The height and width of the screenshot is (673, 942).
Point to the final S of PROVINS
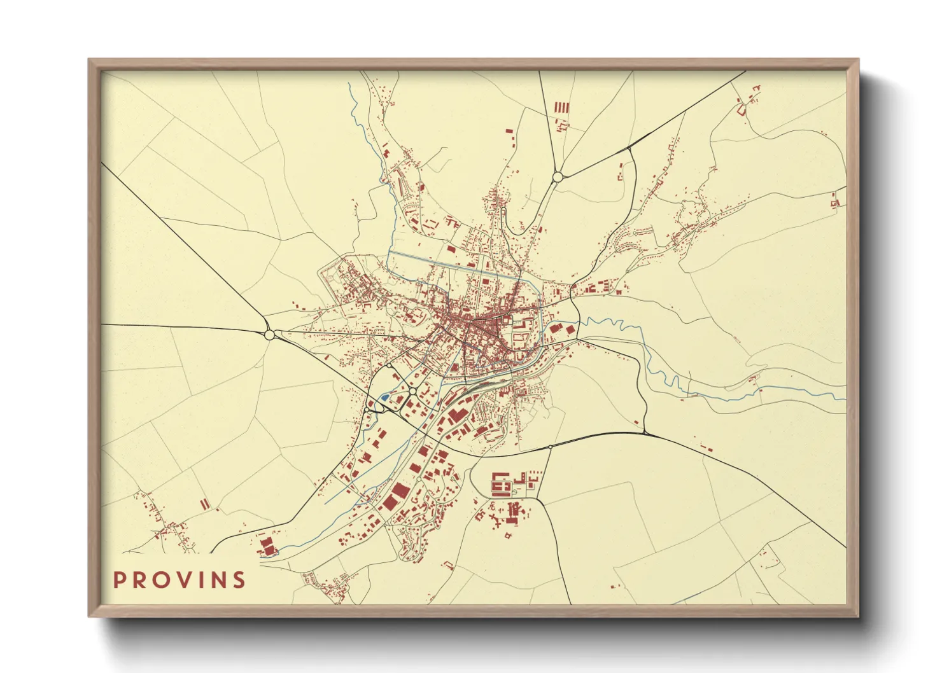pyautogui.click(x=239, y=579)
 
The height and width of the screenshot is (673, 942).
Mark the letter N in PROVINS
pyautogui.click(x=220, y=579)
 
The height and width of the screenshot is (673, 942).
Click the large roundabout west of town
pyautogui.click(x=269, y=334)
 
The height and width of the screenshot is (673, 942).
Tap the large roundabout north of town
pyautogui.click(x=558, y=177)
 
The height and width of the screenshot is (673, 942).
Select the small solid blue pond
pyautogui.click(x=384, y=398)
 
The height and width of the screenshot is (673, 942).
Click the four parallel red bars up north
pyautogui.click(x=561, y=108)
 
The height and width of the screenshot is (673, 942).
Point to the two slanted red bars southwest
pyautogui.click(x=204, y=504)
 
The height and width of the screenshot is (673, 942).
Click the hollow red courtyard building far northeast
pyautogui.click(x=742, y=109)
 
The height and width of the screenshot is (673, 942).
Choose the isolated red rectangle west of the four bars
pyautogui.click(x=509, y=130)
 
